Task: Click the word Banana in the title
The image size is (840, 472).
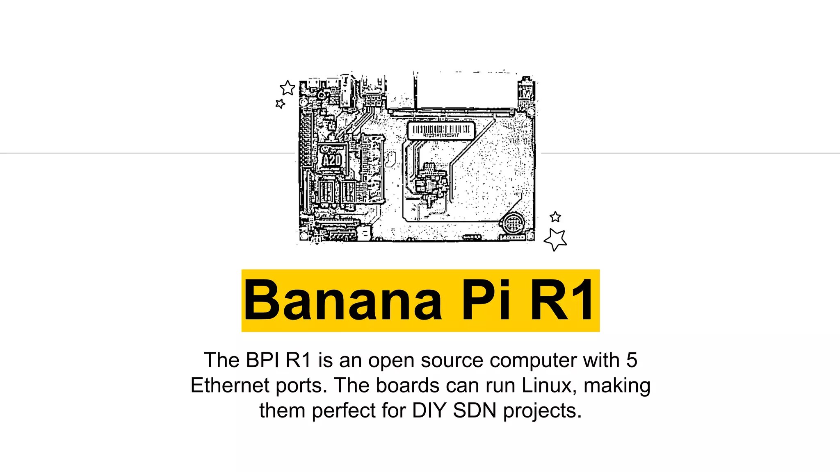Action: click(343, 300)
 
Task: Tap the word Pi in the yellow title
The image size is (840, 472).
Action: click(486, 300)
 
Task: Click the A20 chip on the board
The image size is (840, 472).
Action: click(331, 160)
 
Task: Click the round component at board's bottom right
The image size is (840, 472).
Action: click(511, 224)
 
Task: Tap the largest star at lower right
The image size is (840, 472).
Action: click(556, 239)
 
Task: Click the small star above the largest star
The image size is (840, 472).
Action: click(555, 217)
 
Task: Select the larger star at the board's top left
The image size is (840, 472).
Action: click(288, 88)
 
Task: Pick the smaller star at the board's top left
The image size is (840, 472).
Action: click(280, 104)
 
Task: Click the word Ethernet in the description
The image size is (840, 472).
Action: click(230, 386)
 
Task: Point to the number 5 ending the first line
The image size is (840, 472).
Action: click(632, 360)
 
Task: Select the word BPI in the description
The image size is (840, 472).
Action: click(262, 360)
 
